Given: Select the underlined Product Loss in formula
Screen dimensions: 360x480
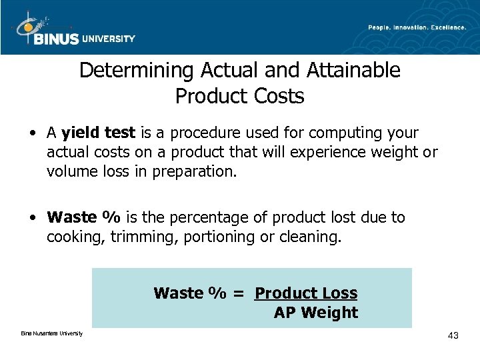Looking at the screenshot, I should [306, 293].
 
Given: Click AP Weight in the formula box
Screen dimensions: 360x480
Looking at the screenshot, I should [315, 312].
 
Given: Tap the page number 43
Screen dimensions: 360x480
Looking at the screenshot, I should [453, 335].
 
